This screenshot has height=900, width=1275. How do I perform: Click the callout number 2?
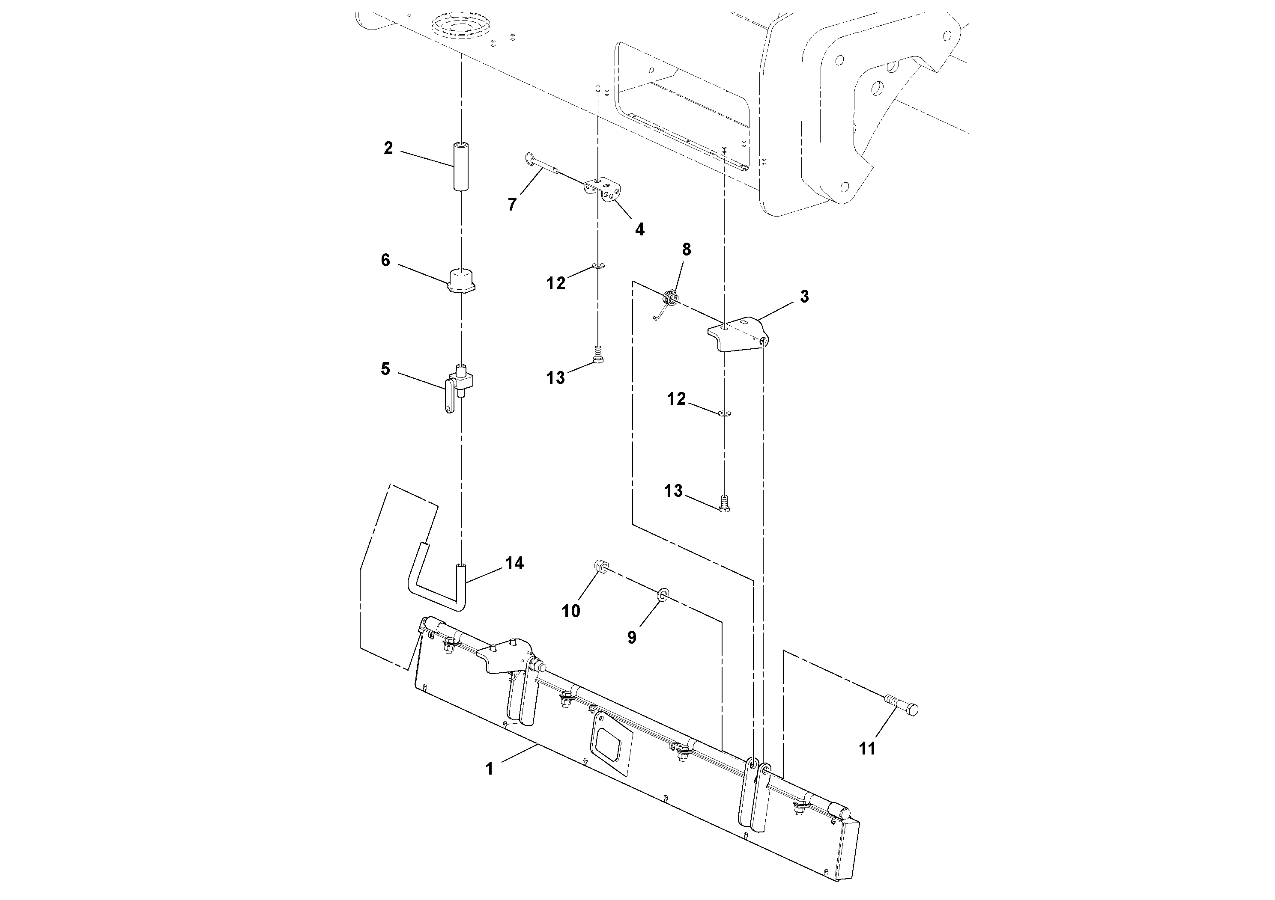click(x=388, y=148)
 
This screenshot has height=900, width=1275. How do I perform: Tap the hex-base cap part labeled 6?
click(x=460, y=282)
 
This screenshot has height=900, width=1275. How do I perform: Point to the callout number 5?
click(x=385, y=369)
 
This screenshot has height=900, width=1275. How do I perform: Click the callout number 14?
click(x=514, y=563)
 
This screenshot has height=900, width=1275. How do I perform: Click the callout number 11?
click(x=867, y=749)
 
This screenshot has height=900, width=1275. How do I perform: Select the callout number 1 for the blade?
click(x=489, y=769)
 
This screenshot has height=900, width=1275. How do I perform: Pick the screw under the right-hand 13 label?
click(x=723, y=503)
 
